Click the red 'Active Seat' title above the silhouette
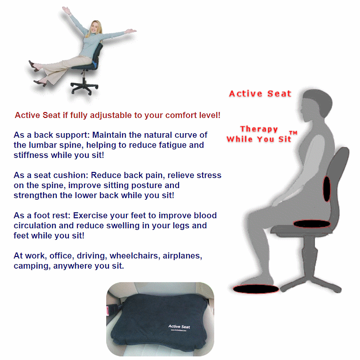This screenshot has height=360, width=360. pyautogui.click(x=260, y=94)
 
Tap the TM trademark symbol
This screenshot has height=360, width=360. pyautogui.click(x=293, y=133)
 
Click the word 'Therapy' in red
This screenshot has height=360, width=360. pyautogui.click(x=259, y=129)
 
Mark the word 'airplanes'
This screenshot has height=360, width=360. pyautogui.click(x=179, y=256)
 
